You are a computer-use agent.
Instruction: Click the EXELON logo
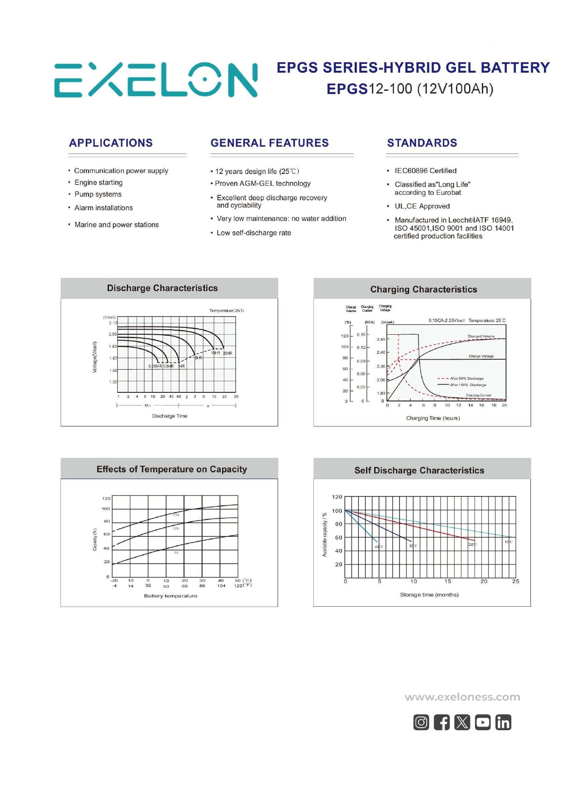tap(156, 80)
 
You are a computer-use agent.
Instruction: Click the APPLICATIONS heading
tap(111, 143)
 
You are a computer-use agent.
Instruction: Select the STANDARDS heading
tap(422, 143)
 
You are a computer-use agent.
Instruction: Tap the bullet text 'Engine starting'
tap(99, 183)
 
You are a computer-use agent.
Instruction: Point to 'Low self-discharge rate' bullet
tap(254, 233)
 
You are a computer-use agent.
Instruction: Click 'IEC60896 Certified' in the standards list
tap(425, 171)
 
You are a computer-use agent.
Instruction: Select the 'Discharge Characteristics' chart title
tap(162, 288)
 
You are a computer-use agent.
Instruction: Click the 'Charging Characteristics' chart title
tap(423, 290)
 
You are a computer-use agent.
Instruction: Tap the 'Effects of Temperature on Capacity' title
tap(172, 470)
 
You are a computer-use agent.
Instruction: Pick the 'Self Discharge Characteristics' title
tap(419, 471)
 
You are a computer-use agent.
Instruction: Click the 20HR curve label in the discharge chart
tap(228, 353)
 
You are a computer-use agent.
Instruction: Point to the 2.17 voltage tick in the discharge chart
tap(113, 323)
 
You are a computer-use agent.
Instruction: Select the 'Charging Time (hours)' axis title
tap(433, 418)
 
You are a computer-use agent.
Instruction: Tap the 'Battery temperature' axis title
tap(171, 596)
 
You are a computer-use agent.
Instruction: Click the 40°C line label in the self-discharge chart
tap(379, 547)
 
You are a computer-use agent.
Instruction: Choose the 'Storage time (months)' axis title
tap(429, 595)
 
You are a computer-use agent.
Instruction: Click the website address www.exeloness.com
tap(462, 697)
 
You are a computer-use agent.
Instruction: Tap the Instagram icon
tap(421, 722)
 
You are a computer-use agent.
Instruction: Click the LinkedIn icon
tap(503, 722)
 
